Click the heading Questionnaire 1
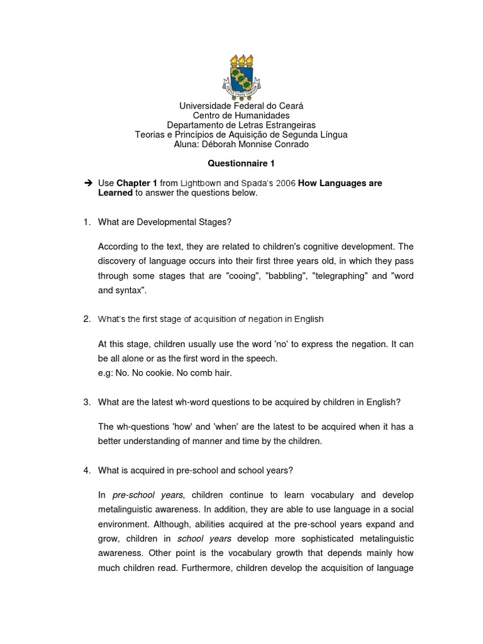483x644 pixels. tap(241, 164)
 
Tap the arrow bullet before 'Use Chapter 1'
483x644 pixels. tap(87, 183)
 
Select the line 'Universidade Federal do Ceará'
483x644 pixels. tap(241, 106)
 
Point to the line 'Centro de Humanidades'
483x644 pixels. tap(241, 116)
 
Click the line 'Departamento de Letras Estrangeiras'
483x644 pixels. tap(241, 125)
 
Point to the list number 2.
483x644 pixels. tap(87, 319)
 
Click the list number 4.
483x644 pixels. tap(87, 470)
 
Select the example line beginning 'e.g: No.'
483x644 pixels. tap(165, 373)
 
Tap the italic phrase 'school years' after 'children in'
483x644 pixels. tap(204, 539)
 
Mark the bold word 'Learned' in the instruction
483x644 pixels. tap(115, 193)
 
